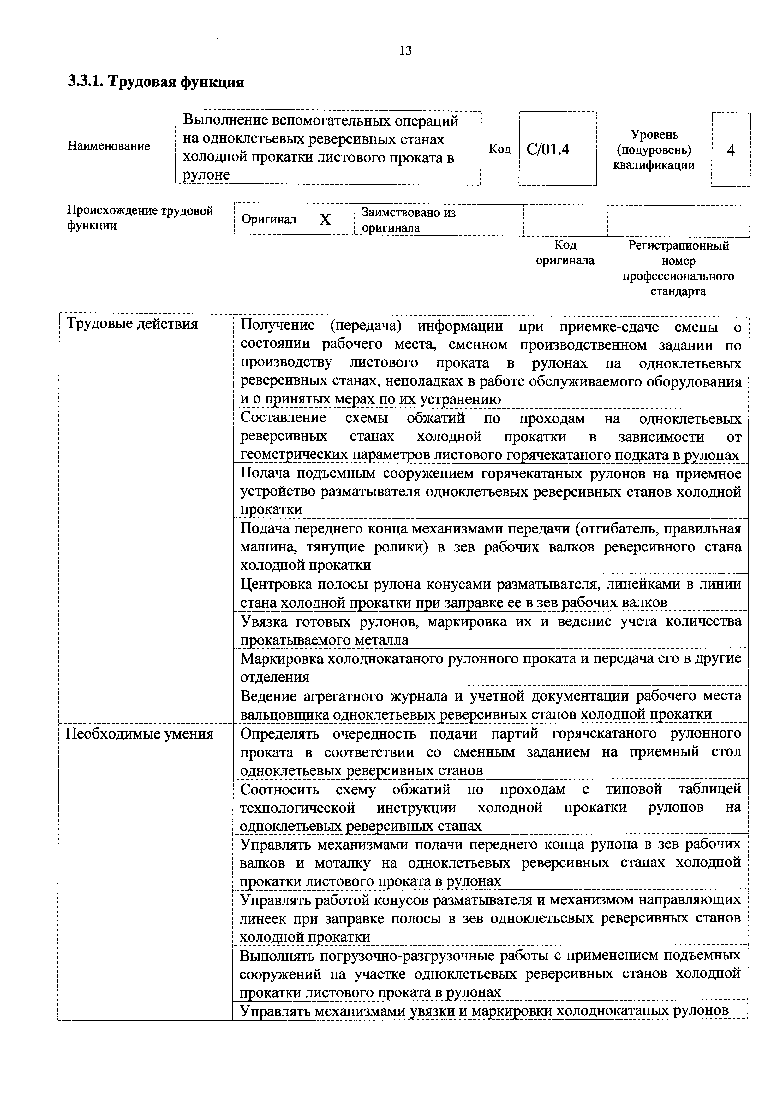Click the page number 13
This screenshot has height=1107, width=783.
pyautogui.click(x=405, y=50)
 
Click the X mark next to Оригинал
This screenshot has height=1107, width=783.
pyautogui.click(x=325, y=220)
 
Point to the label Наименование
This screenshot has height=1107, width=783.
pyautogui.click(x=109, y=146)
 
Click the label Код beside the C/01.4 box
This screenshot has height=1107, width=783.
pyautogui.click(x=500, y=149)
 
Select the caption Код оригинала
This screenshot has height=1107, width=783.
pyautogui.click(x=565, y=253)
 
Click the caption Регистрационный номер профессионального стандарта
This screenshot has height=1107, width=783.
pyautogui.click(x=678, y=268)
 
